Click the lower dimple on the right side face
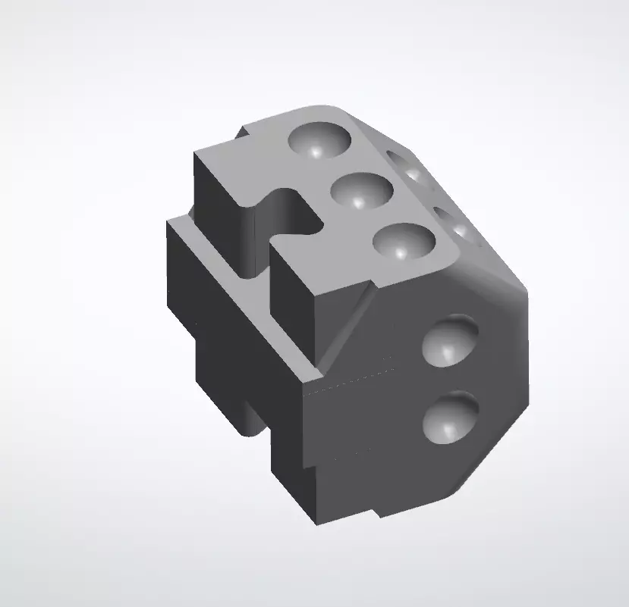pos(450,417)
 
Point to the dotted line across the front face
pos(349,380)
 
